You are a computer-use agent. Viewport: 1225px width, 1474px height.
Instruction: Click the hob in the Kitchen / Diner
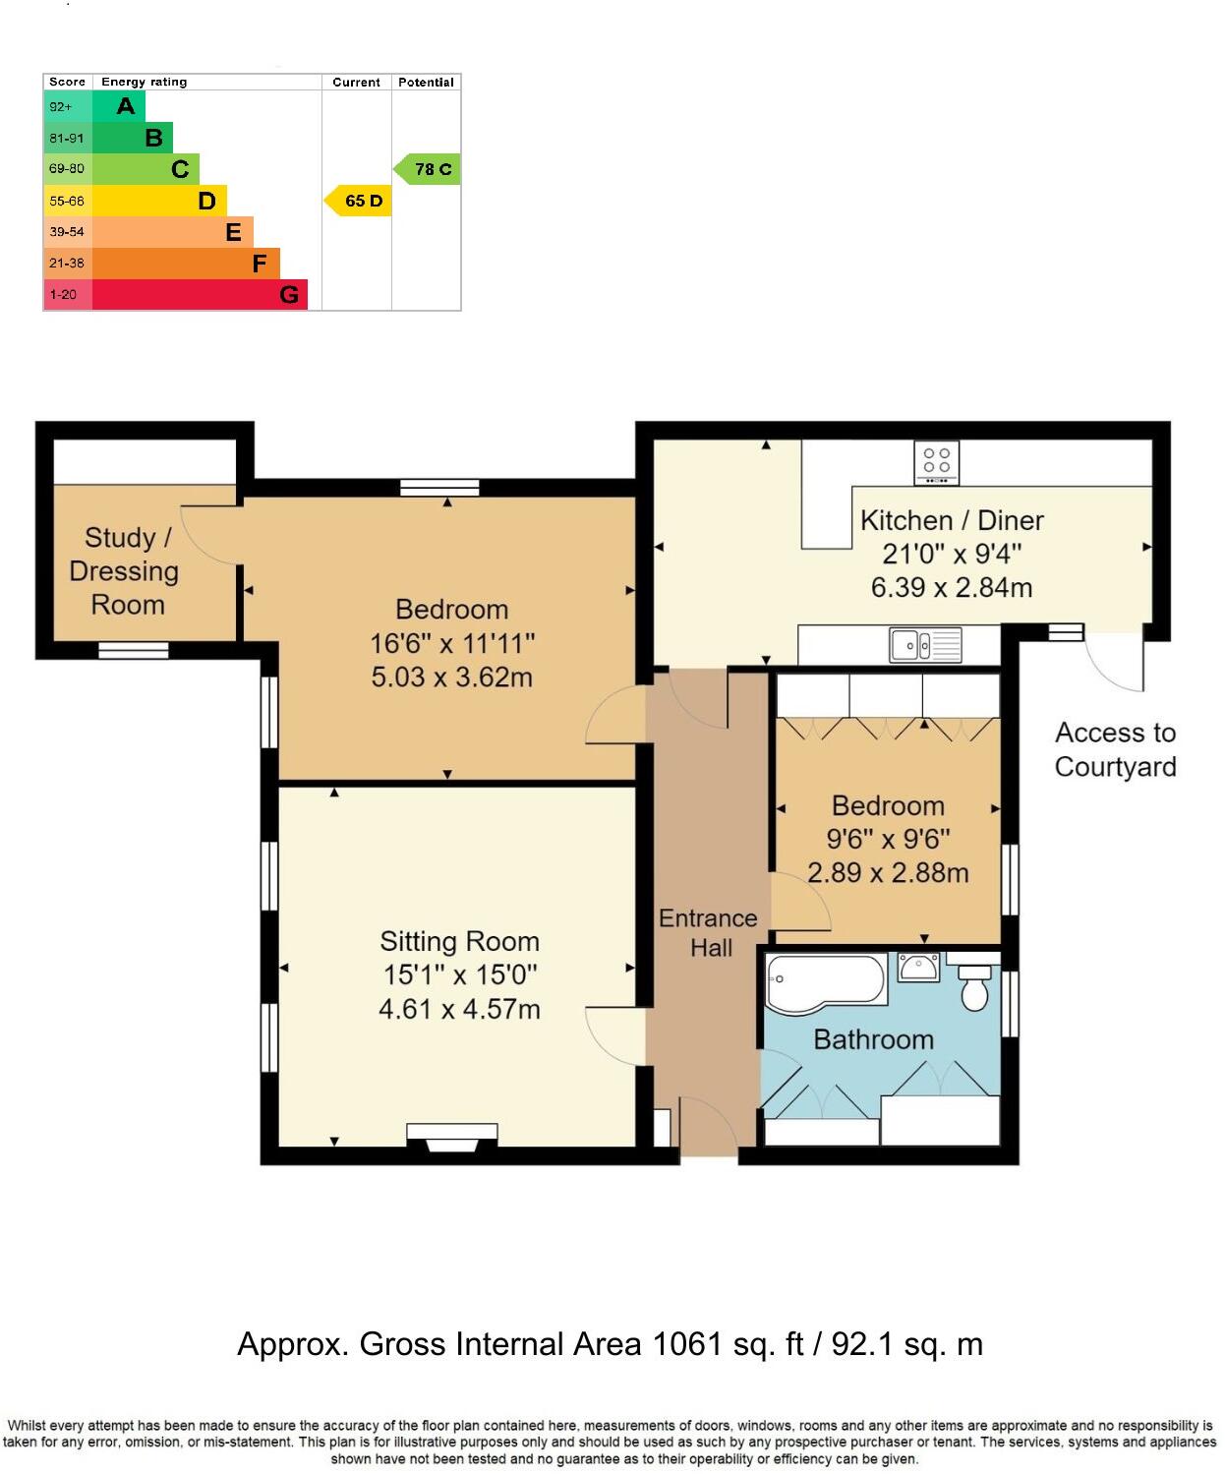937,462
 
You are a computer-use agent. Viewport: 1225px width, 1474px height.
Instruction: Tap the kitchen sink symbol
925,645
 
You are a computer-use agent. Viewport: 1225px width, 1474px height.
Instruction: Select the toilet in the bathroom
974,988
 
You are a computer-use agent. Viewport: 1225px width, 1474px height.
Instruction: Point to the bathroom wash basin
919,967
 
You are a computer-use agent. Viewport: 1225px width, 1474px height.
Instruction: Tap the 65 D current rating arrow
360,201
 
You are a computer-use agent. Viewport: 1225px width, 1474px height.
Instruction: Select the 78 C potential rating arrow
429,169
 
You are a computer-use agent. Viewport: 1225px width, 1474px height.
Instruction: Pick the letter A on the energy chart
126,106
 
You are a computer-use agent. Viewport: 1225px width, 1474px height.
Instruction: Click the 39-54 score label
67,232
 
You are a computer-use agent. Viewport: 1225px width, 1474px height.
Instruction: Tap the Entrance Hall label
709,933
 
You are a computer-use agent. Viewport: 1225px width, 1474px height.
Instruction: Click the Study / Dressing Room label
126,571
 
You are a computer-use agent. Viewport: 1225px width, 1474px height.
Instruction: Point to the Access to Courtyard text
1115,749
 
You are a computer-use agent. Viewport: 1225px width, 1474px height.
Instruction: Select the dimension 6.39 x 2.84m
951,588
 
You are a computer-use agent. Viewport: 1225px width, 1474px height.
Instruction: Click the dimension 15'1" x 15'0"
460,975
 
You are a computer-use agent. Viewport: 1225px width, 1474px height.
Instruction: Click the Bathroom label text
873,1039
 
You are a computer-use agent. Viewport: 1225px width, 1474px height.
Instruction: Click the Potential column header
426,83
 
